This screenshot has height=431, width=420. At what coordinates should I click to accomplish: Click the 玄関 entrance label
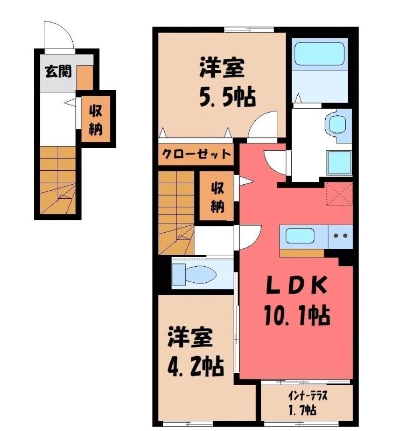(x=58, y=71)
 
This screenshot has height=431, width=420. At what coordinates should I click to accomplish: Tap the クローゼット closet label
(x=196, y=154)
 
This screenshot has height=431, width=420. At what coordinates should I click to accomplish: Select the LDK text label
(x=297, y=286)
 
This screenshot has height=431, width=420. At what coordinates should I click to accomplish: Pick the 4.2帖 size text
(x=195, y=366)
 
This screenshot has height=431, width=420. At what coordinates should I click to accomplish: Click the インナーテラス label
(x=307, y=396)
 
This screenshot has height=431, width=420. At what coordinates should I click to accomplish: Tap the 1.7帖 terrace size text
(x=302, y=410)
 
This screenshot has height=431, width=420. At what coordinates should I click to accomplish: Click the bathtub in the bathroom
(x=319, y=53)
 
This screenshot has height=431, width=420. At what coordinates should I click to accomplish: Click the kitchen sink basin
(x=300, y=236)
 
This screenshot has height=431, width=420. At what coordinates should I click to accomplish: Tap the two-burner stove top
(x=340, y=236)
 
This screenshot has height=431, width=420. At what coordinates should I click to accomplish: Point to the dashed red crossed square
(x=339, y=194)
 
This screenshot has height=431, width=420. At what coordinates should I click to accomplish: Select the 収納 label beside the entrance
(x=96, y=120)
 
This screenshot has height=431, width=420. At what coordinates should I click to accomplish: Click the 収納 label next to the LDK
(x=218, y=197)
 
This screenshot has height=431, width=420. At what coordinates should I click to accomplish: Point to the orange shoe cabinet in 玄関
(x=85, y=78)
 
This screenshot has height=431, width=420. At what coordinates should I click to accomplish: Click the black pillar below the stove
(x=345, y=259)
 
